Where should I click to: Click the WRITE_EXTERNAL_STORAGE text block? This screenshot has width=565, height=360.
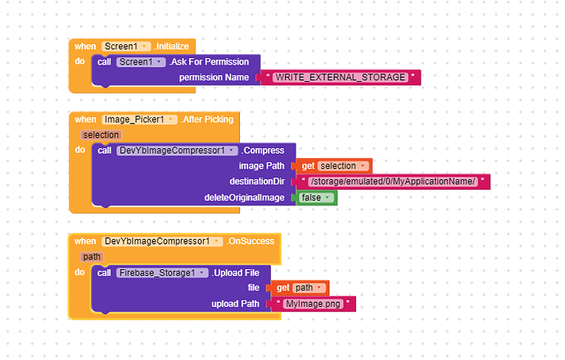(x=341, y=77)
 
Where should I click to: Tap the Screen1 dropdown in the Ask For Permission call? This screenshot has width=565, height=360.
(x=142, y=62)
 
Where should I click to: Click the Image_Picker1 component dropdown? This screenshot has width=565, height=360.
(x=139, y=119)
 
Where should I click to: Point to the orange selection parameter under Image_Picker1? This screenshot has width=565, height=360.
(x=101, y=134)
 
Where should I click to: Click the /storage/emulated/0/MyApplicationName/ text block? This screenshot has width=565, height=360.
(x=393, y=182)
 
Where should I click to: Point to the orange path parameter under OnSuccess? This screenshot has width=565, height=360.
(x=92, y=256)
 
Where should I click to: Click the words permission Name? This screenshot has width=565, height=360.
(x=214, y=78)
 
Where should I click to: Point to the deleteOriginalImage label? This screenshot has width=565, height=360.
(x=244, y=198)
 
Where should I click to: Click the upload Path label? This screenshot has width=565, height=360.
(x=235, y=304)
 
